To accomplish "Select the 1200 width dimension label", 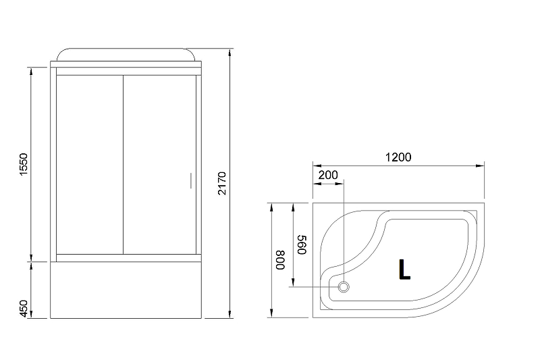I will (398, 157).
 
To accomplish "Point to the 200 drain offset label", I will (328, 174).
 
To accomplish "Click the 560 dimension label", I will (302, 243).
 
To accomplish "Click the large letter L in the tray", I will (404, 269).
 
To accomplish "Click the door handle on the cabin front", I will (190, 181).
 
